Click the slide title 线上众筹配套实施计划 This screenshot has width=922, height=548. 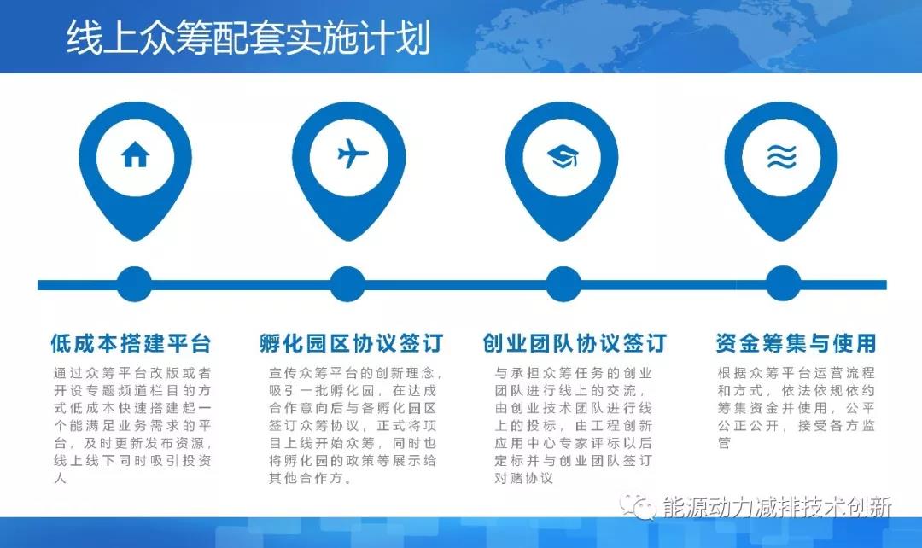pos(248,39)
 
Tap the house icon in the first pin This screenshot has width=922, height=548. pos(135,154)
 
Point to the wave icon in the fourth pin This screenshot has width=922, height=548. pos(780,155)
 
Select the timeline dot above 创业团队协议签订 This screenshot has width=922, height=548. pos(563,284)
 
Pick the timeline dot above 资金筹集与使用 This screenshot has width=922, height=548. pos(782,284)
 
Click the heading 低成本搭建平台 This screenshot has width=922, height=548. pos(131,344)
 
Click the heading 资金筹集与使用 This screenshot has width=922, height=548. pos(796,344)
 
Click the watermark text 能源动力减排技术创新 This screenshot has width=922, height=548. pos(777,507)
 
